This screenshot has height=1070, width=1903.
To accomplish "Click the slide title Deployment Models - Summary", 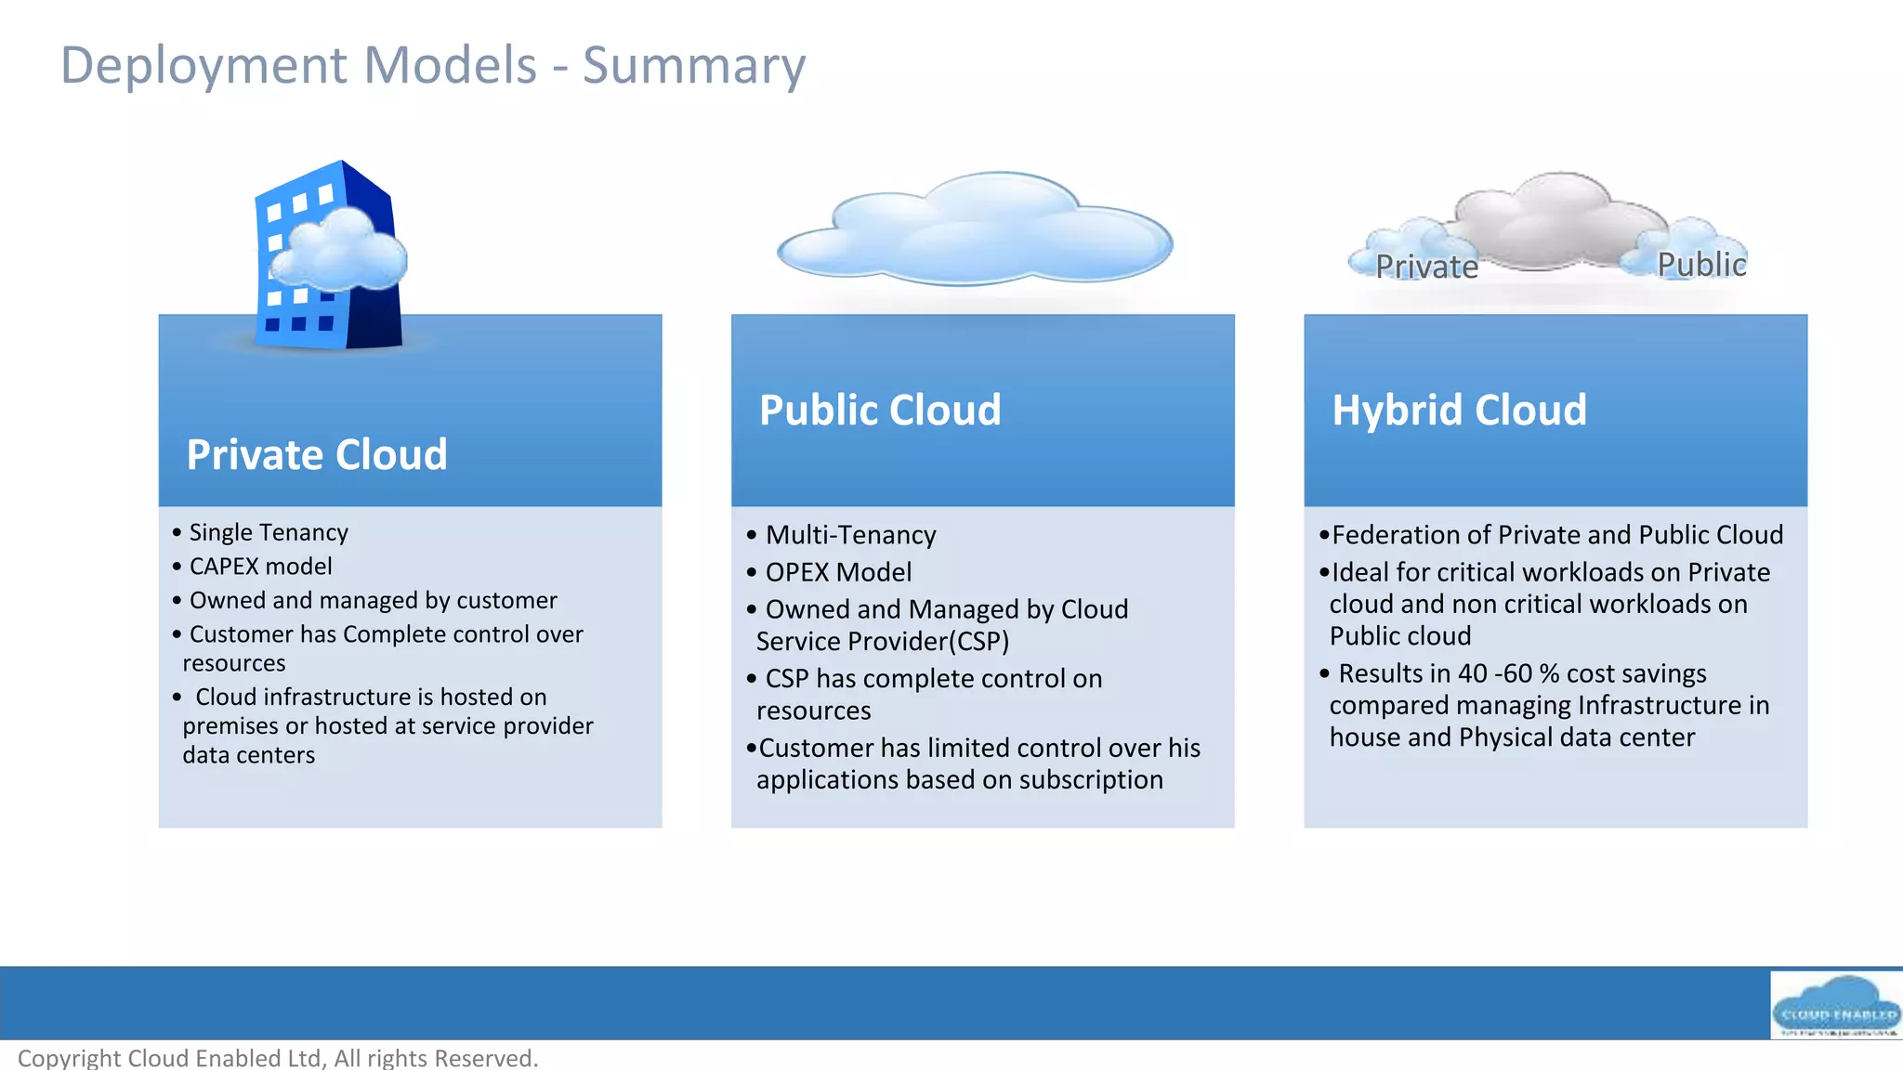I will pos(433,65).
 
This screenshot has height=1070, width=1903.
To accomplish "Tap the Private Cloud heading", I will pos(317,455).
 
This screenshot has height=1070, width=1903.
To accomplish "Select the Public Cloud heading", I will pos(880,411).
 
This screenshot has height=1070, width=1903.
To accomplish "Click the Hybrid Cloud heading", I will pos(1459,411).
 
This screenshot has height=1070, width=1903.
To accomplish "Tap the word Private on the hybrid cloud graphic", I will pos(1426,267).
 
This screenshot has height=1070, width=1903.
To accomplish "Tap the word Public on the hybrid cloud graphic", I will pos(1701,265).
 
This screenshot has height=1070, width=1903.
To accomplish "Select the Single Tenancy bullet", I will pos(269,532).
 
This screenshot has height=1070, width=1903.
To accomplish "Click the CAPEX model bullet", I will pos(260,567).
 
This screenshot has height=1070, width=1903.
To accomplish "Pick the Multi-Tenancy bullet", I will pos(850,535).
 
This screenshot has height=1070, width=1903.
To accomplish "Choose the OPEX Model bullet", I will pos(838,572).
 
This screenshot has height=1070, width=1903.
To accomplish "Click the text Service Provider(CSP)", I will pos(883,642).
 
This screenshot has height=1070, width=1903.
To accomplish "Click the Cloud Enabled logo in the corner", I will pos(1835,1006).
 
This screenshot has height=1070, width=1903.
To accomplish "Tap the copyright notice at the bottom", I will pos(278,1058).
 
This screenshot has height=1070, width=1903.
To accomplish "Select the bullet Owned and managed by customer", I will pos(373,601).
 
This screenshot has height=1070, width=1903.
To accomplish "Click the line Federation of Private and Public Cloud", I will pos(1557,535).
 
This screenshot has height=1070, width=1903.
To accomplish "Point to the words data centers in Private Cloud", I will pos(249,755).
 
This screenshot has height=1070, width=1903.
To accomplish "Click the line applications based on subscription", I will pos(959,780).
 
